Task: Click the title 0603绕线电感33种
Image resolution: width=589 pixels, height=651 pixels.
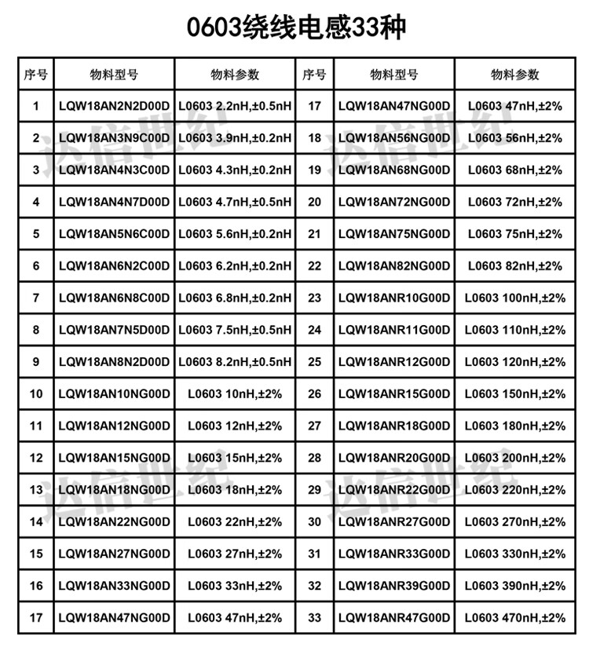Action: pyautogui.click(x=294, y=29)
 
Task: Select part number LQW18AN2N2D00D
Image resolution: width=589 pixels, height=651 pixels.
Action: pyautogui.click(x=114, y=106)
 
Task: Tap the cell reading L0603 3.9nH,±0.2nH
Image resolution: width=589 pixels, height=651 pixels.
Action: pyautogui.click(x=235, y=138)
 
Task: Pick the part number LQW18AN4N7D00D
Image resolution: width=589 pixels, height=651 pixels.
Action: pyautogui.click(x=114, y=202)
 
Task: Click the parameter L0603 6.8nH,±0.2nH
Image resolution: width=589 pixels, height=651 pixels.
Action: pyautogui.click(x=235, y=298)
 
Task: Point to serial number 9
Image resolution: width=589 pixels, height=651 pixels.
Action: pyautogui.click(x=36, y=362)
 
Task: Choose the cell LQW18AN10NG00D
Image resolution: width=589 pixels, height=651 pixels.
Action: pyautogui.click(x=114, y=394)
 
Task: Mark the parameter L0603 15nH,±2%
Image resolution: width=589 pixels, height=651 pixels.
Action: pyautogui.click(x=235, y=458)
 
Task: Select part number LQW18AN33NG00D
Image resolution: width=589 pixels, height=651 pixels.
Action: pyautogui.click(x=114, y=586)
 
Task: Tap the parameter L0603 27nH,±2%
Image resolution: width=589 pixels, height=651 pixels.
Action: pyautogui.click(x=235, y=554)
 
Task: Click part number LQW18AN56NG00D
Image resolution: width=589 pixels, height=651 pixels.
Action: pyautogui.click(x=393, y=138)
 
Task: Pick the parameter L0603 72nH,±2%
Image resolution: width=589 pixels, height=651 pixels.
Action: pyautogui.click(x=514, y=202)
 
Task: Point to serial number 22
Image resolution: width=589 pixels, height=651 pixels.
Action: pyautogui.click(x=315, y=266)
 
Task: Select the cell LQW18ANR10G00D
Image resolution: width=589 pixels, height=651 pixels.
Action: pyautogui.click(x=393, y=298)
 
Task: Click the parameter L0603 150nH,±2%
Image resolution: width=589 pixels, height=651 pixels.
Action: pyautogui.click(x=514, y=394)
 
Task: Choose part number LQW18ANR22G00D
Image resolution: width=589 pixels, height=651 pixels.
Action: pyautogui.click(x=393, y=490)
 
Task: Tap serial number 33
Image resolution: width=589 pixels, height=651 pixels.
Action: pyautogui.click(x=315, y=618)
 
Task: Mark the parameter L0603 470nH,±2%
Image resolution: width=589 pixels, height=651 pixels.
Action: pyautogui.click(x=514, y=618)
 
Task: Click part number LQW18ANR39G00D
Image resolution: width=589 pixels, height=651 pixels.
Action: pyautogui.click(x=393, y=586)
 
